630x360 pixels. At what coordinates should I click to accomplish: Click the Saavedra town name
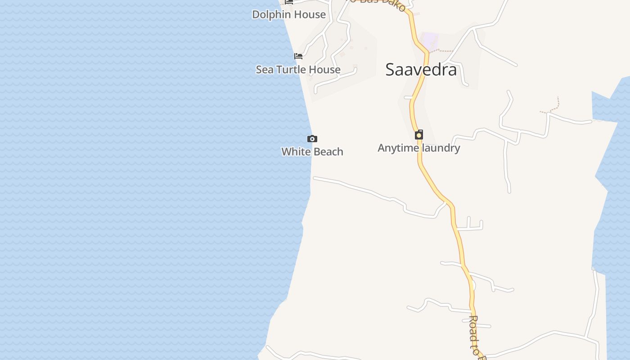click(421, 70)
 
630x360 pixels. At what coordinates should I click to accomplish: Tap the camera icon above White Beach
click(312, 139)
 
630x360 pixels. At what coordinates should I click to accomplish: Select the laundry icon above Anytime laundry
click(419, 135)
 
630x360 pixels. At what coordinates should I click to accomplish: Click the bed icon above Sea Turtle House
click(298, 56)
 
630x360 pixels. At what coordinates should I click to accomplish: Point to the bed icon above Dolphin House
click(289, 2)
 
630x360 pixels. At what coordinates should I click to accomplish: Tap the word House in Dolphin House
click(309, 14)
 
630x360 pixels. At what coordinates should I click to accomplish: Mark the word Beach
click(328, 152)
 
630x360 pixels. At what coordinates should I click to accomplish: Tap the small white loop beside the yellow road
click(472, 285)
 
